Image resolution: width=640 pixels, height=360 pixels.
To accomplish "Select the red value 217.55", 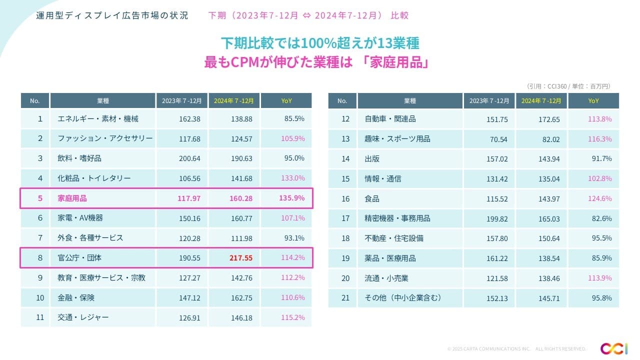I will pos(241,258).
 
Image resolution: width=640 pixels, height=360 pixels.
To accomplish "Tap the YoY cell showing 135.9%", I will pos(292,198).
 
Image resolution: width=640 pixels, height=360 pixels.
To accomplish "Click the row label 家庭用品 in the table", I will pos(72,198).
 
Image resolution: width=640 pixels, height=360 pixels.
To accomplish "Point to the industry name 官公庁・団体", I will pos(80,258).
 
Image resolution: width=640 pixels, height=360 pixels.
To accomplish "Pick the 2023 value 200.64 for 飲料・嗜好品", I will pos(190,158).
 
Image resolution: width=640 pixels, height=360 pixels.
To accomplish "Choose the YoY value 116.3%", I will pos(599,139).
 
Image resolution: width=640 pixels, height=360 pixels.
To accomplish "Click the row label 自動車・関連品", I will pos(390,119).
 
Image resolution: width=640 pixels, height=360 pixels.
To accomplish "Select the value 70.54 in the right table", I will pos(497,139).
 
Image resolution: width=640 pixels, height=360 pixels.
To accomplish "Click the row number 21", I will pos(345,297).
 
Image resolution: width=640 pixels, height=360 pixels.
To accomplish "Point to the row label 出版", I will pos(372,158).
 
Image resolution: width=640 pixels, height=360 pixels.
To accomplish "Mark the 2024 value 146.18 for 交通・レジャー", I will pos(241,317).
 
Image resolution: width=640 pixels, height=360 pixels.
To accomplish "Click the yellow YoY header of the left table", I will pos(286,100).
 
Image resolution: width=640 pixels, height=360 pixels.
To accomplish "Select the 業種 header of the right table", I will pos(409,100).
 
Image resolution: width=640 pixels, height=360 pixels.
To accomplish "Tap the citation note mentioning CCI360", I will pos(568,86).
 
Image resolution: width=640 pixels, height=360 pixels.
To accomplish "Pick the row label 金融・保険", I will pos(76,297).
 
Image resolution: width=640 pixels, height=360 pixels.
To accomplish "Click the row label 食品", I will pos(372,198).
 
